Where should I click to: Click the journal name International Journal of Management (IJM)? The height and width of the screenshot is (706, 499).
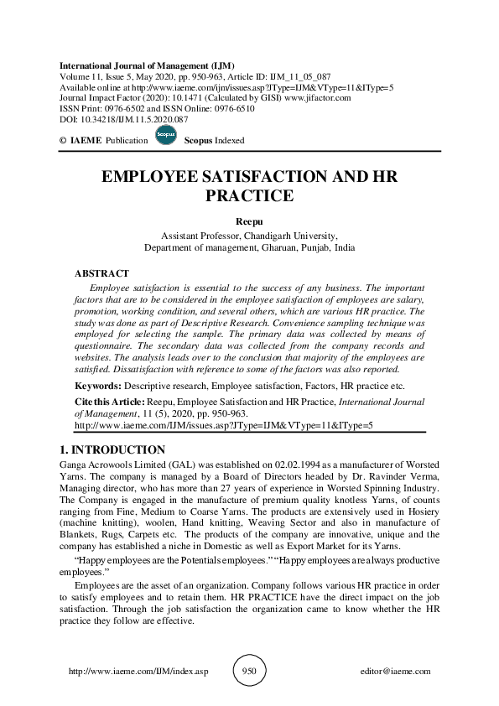coord(147,65)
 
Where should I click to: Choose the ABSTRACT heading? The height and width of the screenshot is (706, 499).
coord(101,273)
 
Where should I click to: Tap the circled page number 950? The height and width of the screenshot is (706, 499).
coord(249,672)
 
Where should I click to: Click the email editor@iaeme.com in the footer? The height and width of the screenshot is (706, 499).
coord(395,672)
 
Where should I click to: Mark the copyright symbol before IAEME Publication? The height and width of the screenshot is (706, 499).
coord(63,142)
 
